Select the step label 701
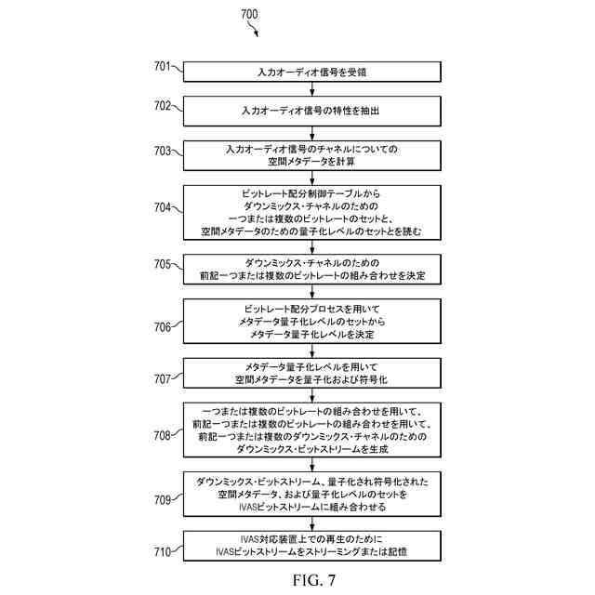[163, 66]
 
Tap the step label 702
[163, 105]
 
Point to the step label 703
[163, 150]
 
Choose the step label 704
[163, 207]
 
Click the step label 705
[163, 264]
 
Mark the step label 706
[163, 326]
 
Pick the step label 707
[163, 378]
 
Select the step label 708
[163, 434]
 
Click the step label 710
[163, 552]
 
